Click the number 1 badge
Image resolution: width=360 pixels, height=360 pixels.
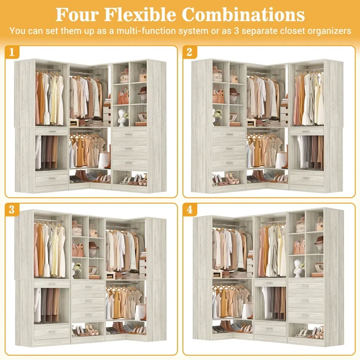pyautogui.click(x=12, y=52)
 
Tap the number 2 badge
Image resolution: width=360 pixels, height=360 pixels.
pyautogui.click(x=189, y=52)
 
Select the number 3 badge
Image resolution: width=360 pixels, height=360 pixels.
pyautogui.click(x=12, y=210)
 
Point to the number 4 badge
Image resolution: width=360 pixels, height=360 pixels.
pyautogui.click(x=189, y=210)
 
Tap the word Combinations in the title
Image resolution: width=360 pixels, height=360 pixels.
pyautogui.click(x=243, y=15)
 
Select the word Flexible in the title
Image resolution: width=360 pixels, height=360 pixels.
pyautogui.click(x=140, y=15)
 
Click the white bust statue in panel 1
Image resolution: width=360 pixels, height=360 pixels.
pyautogui.click(x=121, y=117)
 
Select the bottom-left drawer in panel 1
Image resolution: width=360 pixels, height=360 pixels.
pyautogui.click(x=52, y=179)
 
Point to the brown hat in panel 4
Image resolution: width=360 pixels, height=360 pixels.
pyautogui.click(x=319, y=241)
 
